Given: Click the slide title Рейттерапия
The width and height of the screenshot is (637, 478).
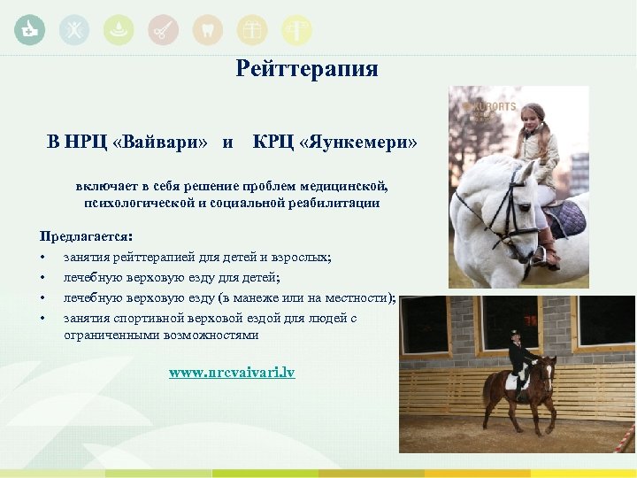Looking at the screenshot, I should (x=307, y=69).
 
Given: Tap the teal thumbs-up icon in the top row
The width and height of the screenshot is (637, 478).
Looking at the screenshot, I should (x=30, y=30).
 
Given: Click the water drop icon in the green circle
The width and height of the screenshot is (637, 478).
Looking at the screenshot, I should (x=118, y=30).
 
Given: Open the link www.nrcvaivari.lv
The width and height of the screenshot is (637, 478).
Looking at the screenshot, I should (x=232, y=373).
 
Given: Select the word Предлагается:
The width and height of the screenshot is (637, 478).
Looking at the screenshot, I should (x=87, y=237).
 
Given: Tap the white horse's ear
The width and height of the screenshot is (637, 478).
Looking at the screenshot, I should (x=528, y=169).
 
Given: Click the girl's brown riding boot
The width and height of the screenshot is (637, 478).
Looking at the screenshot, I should (x=549, y=249).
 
